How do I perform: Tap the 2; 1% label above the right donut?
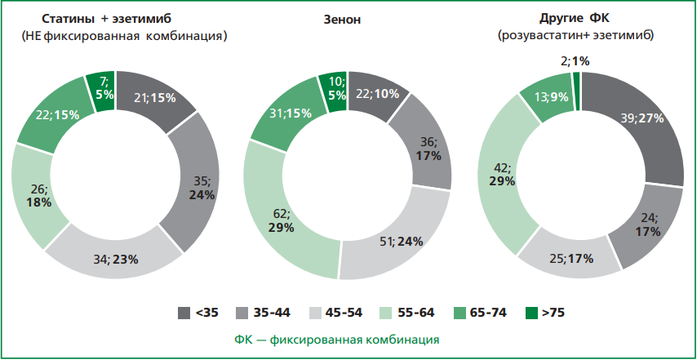(575, 60)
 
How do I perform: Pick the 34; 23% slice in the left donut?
(114, 260)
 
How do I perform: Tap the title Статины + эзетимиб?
(115, 18)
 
